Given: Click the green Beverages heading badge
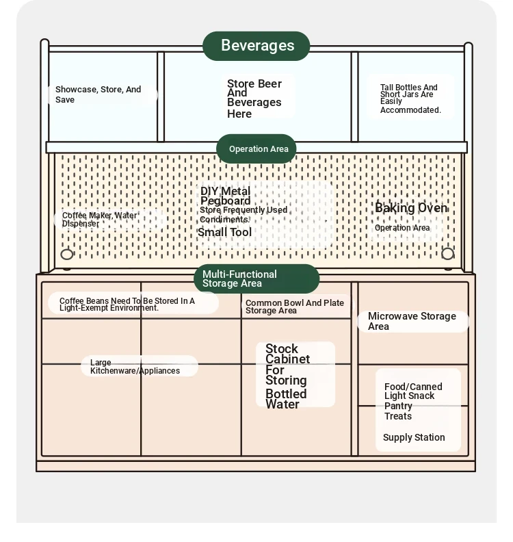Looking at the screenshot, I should tap(256, 46).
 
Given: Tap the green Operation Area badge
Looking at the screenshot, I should tap(257, 149).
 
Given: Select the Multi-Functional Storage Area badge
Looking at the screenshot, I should tap(256, 279).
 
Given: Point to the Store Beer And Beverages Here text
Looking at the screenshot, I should tap(254, 99).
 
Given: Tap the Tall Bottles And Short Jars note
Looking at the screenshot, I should tap(410, 99).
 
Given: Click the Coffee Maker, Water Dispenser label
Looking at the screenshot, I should tap(99, 220).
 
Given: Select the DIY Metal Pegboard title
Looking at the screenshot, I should tap(225, 196).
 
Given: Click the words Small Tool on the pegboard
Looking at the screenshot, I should tap(224, 233).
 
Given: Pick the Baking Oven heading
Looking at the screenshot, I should tap(410, 208).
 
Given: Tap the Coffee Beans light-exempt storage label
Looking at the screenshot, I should tap(127, 305).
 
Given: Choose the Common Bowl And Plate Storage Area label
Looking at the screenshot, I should tap(294, 307).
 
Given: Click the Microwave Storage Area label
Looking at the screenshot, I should tap(412, 321).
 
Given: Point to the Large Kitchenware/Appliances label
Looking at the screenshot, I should tap(135, 367).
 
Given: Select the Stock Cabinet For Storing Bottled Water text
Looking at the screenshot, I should tap(287, 376).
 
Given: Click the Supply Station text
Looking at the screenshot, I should tap(414, 438).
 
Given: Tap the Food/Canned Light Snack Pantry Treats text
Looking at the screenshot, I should tap(413, 401).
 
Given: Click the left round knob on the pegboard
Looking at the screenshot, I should tap(67, 255).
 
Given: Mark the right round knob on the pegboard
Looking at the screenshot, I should tap(447, 254).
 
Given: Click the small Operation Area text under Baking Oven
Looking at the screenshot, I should tap(402, 228).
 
